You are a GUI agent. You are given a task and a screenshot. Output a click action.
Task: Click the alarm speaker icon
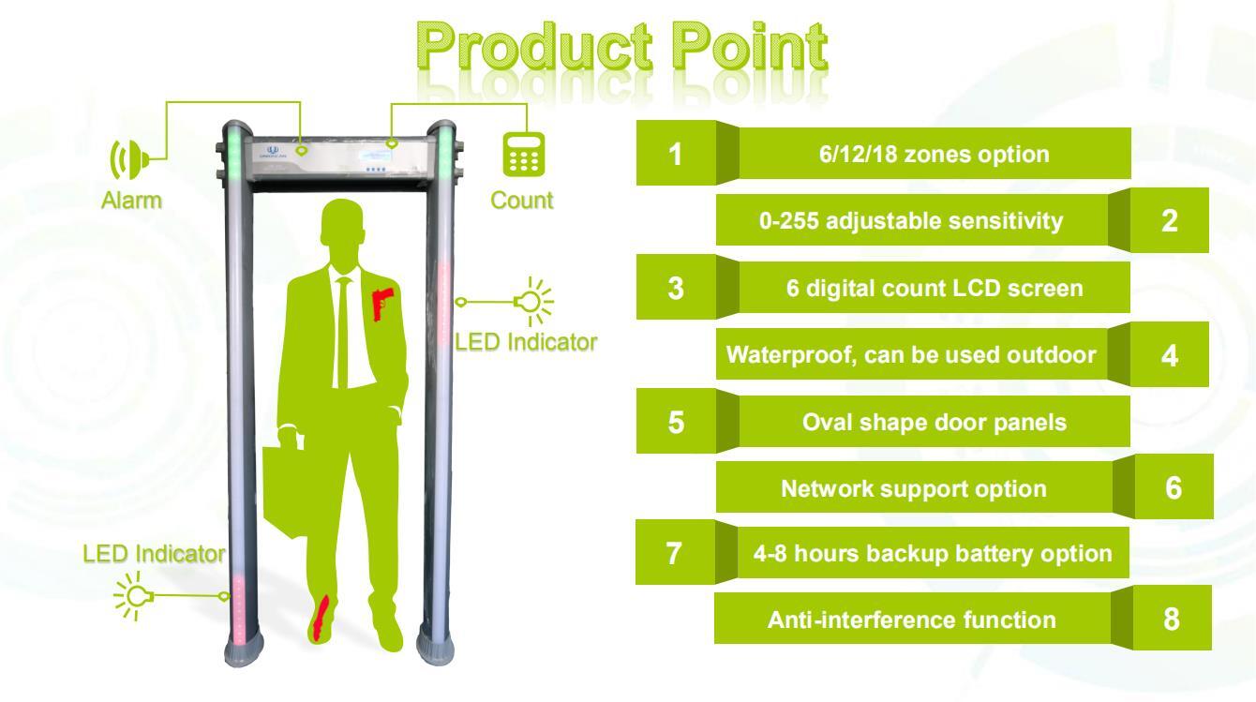point(129,160)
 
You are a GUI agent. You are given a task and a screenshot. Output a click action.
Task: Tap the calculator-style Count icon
point(524,155)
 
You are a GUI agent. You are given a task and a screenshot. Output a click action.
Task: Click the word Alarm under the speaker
point(132,201)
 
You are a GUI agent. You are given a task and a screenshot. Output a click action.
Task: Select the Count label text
point(521,201)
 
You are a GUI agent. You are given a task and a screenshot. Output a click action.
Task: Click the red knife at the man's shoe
point(321,619)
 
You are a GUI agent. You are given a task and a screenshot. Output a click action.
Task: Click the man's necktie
point(343,331)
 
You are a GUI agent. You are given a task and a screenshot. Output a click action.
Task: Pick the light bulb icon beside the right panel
point(533,302)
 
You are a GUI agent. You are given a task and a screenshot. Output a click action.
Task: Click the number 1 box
point(676,153)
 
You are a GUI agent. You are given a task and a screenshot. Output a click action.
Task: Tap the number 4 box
point(1169,355)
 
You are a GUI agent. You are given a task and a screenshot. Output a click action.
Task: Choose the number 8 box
point(1172,619)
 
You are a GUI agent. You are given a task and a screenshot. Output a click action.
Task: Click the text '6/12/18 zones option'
point(935,155)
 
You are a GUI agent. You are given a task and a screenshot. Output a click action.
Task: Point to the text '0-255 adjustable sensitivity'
point(911,221)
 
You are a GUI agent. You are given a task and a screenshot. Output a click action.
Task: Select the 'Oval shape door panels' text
point(935,422)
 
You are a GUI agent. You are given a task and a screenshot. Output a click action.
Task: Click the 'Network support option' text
point(914,489)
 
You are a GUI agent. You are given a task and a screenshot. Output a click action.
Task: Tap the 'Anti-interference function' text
point(912,620)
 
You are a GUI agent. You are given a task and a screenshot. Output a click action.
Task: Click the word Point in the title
point(750,46)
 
